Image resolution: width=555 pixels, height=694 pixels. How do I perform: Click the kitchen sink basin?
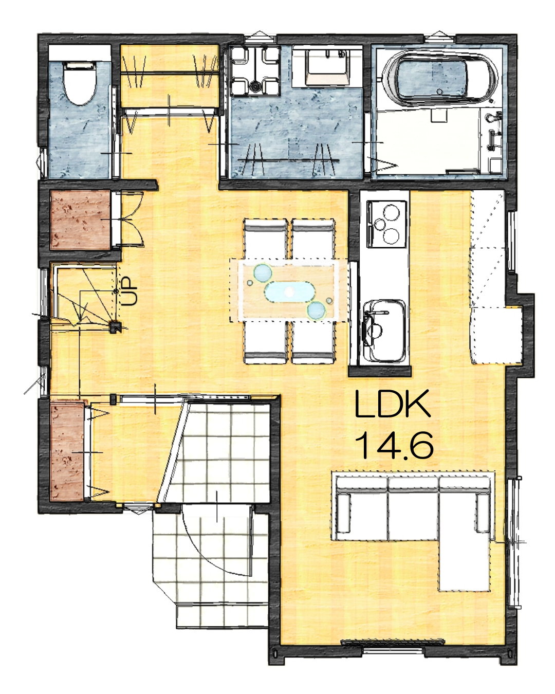point(384,331)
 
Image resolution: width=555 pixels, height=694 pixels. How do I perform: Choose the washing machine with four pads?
point(255,70)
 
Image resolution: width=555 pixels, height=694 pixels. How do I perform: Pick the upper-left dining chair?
point(265,238)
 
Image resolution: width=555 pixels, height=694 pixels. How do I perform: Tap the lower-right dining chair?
point(313,342)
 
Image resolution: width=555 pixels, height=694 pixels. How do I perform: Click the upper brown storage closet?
point(81,220)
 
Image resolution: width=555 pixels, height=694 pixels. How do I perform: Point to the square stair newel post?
point(115,327)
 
